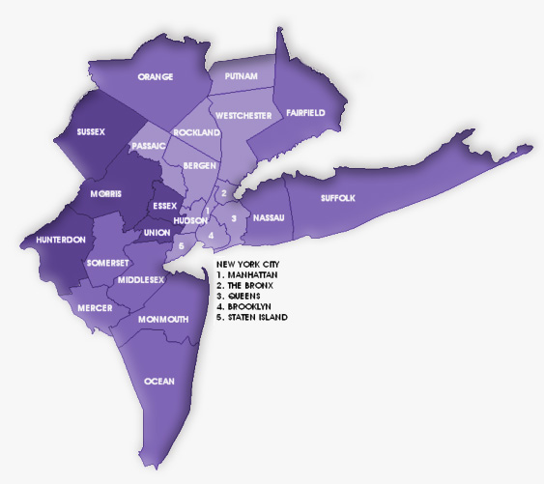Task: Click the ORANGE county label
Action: click(156, 76)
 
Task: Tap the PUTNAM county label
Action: click(241, 75)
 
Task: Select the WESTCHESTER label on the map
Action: click(242, 115)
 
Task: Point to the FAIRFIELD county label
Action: click(305, 113)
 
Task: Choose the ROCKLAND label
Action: click(196, 131)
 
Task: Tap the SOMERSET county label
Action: click(107, 263)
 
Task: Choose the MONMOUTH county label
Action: click(162, 319)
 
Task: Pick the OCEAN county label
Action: click(159, 382)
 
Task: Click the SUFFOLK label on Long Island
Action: click(338, 198)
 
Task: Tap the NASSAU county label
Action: click(268, 218)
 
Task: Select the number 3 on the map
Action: click(234, 218)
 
